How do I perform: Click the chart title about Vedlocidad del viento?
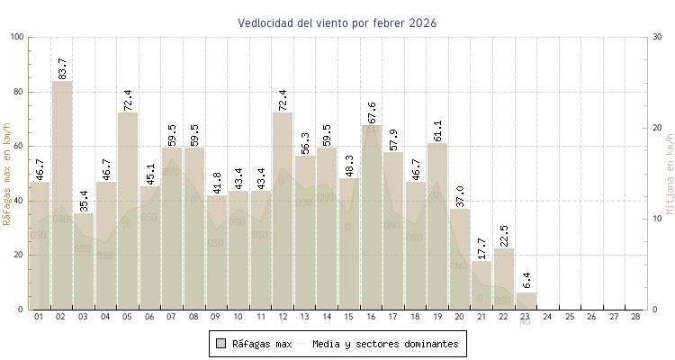pos(337,22)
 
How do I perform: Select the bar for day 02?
pos(61,194)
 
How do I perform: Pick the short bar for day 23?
pos(526,301)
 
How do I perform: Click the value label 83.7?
pos(62,67)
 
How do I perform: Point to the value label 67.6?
pos(373,112)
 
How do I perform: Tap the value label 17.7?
pos(482,248)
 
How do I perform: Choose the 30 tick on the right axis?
pos(657,37)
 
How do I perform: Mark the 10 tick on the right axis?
pos(657,219)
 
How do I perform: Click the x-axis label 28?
pos(636,317)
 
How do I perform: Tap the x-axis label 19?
pos(437,317)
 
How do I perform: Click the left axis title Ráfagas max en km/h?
pos(8,173)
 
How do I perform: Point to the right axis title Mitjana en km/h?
pos(670,173)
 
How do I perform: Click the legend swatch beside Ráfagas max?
pos(220,343)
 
